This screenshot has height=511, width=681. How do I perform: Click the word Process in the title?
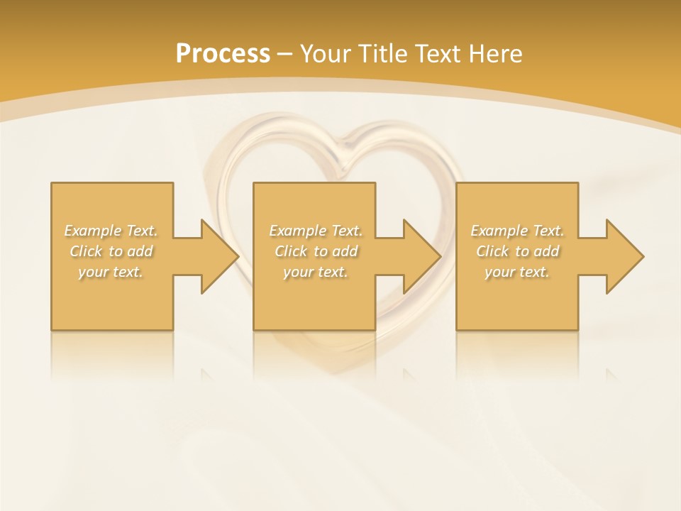point(223,54)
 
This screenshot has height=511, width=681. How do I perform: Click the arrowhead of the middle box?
point(421,256)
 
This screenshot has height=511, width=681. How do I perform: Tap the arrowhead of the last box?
point(624,256)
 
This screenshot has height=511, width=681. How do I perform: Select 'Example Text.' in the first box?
point(111,231)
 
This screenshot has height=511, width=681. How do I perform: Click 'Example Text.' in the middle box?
point(316,231)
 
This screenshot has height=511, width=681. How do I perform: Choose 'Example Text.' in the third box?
point(517,231)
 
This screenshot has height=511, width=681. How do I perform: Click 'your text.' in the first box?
point(111,272)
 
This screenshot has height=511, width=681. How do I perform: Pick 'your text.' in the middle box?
point(316,272)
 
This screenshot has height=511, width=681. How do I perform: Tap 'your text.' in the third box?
point(517,272)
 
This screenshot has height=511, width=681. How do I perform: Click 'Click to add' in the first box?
point(111,251)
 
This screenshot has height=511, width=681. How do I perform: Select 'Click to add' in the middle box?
point(316,251)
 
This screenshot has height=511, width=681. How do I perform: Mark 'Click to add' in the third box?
point(517,251)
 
